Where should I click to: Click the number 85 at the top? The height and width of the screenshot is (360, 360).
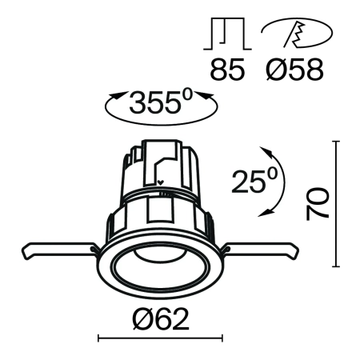click(x=227, y=69)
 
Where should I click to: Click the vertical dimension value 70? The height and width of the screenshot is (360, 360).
click(x=318, y=205)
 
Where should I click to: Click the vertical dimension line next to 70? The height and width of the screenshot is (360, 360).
click(x=337, y=205)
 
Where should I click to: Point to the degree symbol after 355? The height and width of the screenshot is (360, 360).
click(x=190, y=94)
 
